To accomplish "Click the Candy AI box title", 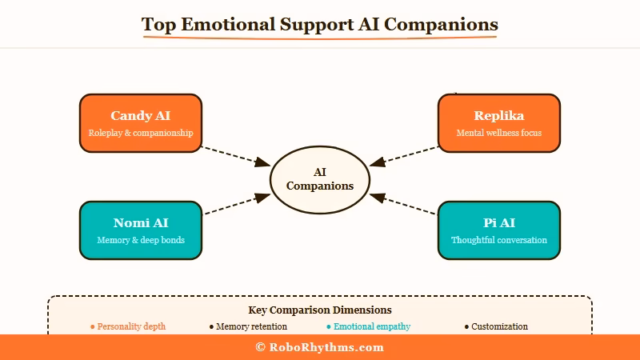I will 141,116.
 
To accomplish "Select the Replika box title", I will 499,116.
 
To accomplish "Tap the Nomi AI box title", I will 141,223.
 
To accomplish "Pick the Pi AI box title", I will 499,223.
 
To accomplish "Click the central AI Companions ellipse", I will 320,178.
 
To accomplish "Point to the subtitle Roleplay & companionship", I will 141,133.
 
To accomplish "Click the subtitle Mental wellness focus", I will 499,133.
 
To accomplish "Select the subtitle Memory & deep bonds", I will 141,240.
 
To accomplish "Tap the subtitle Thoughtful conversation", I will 499,240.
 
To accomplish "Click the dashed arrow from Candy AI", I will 235,155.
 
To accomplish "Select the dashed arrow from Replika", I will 405,155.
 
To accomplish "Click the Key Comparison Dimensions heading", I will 320,310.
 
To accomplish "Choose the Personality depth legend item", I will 128,326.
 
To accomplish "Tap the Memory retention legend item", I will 248,326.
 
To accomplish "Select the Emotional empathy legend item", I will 369,326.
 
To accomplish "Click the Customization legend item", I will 496,326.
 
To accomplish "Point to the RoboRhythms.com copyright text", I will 320,347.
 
